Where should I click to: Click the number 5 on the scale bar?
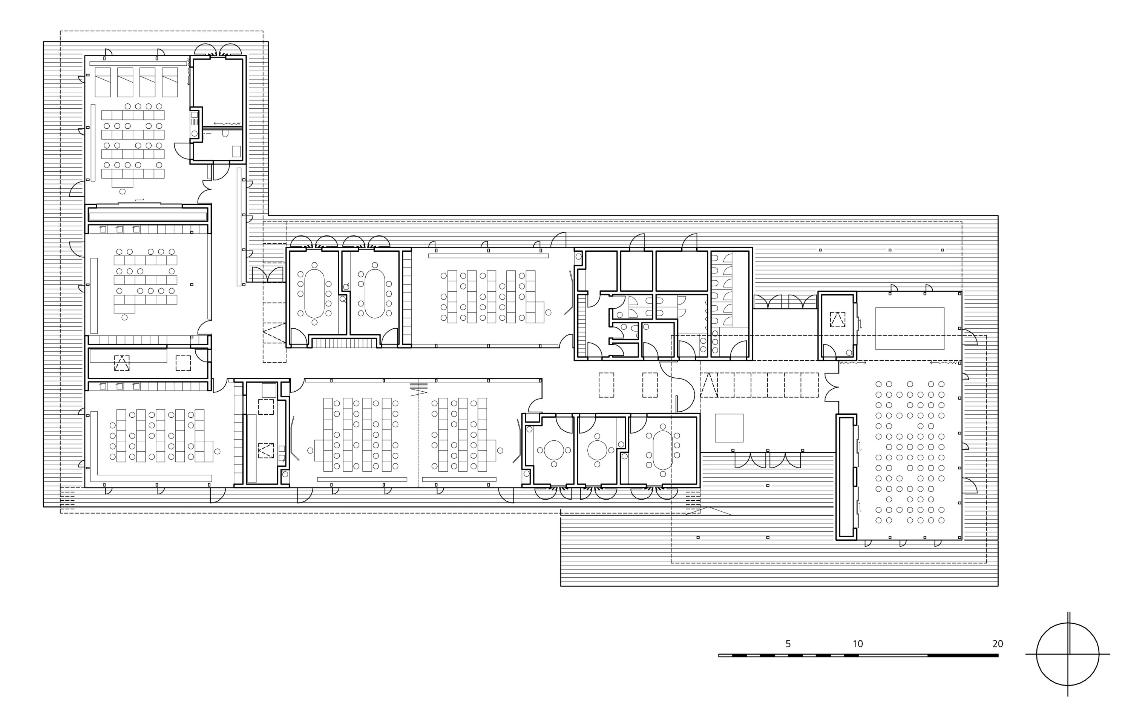point(788,644)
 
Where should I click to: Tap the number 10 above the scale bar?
point(857,644)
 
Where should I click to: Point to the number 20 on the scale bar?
point(998,644)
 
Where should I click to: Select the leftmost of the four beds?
point(103,82)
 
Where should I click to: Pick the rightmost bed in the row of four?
point(170,82)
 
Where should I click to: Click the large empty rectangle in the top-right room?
point(909,328)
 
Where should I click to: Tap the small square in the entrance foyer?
point(729,428)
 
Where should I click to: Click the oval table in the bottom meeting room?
point(662,450)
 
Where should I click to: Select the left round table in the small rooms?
point(554,450)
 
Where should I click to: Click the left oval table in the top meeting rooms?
point(314,294)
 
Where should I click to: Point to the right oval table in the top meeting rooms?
point(375,294)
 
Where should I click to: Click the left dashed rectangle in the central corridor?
point(606,385)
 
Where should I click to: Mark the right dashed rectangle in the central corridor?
point(650,385)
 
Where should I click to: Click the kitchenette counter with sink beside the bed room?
point(195,124)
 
